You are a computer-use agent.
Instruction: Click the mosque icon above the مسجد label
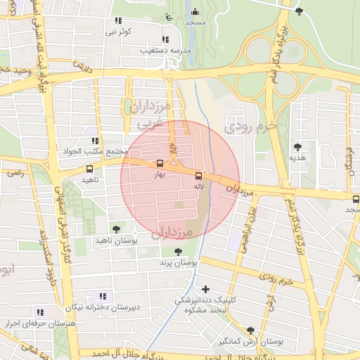coord(195,11)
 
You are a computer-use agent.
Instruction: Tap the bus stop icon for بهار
coord(160,164)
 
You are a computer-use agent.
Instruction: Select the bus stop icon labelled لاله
coord(198,175)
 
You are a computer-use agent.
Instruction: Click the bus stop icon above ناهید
coord(89,169)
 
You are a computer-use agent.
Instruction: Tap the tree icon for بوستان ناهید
coord(117,229)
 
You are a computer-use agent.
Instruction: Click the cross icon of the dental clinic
coord(205,289)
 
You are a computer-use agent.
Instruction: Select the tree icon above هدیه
coord(297,147)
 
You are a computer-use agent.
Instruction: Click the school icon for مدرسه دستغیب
coord(165,39)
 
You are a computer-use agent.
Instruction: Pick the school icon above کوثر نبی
coord(120,21)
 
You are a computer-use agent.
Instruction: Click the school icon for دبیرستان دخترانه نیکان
coord(104,297)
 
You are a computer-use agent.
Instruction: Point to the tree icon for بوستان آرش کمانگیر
coord(250,330)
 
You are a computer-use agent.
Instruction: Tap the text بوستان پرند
coord(176,262)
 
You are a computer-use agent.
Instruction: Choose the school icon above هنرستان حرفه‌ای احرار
coord(40,312)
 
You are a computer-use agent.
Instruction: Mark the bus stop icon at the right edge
coord(356,199)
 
